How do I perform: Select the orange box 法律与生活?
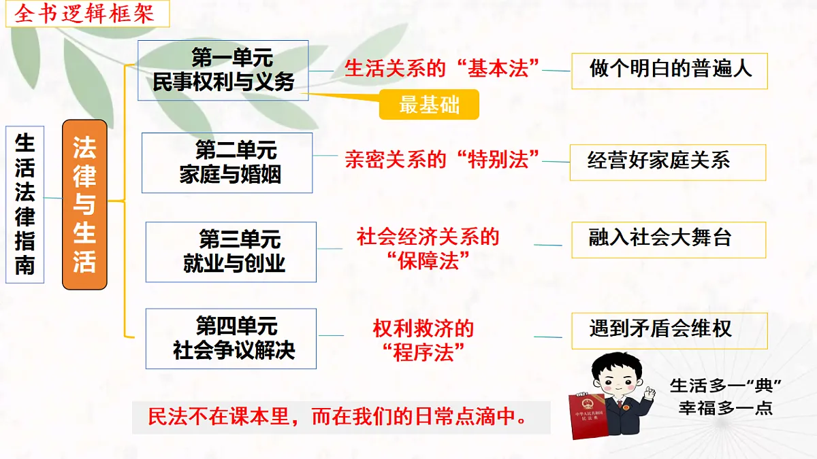(84, 205)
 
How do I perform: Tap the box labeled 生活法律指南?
(25, 205)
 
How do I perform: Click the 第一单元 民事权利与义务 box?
(223, 70)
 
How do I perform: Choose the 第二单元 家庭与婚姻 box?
(227, 163)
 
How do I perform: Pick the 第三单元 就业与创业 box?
(231, 252)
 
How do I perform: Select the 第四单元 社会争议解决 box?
(231, 339)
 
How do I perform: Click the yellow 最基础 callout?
(429, 105)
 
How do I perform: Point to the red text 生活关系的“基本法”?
(442, 68)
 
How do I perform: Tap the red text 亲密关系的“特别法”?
(442, 160)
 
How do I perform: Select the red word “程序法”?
(423, 353)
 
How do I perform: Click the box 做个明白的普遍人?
(670, 70)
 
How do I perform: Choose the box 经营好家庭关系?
(667, 162)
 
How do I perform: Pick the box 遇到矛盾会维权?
(669, 330)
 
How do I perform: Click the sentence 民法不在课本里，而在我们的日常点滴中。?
(340, 417)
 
